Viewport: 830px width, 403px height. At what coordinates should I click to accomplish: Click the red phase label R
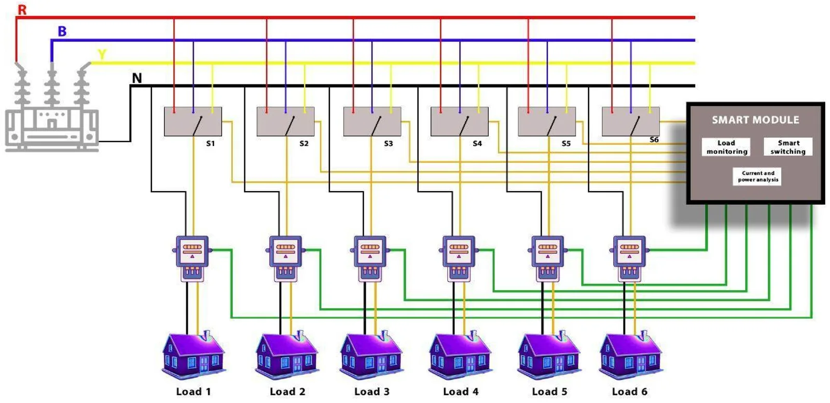[22, 9]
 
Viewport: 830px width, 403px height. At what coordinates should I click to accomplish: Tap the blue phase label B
[62, 31]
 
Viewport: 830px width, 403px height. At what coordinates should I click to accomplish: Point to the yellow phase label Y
[102, 54]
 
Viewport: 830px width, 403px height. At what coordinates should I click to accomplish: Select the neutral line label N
[137, 78]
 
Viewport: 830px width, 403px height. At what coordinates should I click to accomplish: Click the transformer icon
[51, 111]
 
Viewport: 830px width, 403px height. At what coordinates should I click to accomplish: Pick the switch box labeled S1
[193, 122]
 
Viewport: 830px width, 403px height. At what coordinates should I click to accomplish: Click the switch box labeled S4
[460, 122]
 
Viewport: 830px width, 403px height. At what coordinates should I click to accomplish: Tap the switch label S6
[654, 140]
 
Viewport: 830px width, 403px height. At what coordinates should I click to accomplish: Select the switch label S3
[389, 143]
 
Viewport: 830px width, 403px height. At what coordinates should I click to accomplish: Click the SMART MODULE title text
[755, 120]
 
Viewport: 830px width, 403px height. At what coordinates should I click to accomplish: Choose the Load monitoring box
[726, 147]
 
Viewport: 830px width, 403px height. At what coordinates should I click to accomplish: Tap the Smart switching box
[788, 147]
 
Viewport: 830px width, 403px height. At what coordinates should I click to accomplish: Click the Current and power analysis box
[757, 177]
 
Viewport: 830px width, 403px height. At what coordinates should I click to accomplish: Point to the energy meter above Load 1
[192, 258]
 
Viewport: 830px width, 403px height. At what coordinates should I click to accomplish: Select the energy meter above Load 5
[548, 258]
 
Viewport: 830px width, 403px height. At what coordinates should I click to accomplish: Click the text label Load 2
[287, 392]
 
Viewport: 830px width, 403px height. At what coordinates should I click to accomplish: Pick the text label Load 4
[461, 392]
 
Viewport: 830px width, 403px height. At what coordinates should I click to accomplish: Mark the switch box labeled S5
[547, 122]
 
